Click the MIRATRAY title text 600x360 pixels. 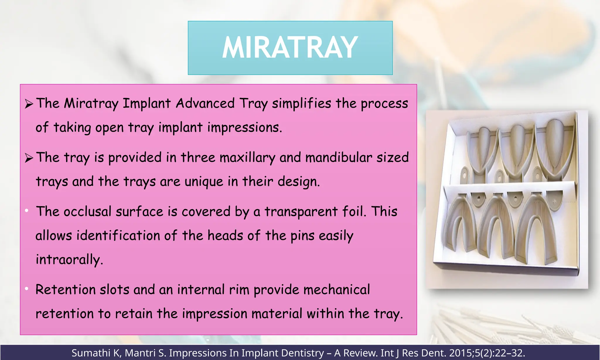pyautogui.click(x=290, y=48)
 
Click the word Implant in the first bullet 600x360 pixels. pyautogui.click(x=146, y=104)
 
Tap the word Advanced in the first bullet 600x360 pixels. pyautogui.click(x=205, y=103)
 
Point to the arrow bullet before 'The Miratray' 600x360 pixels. pyautogui.click(x=29, y=104)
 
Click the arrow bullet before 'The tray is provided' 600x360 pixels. pyautogui.click(x=29, y=158)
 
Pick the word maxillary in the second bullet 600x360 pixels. pyautogui.click(x=247, y=158)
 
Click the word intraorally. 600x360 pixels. pyautogui.click(x=69, y=260)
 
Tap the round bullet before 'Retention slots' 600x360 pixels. pyautogui.click(x=27, y=289)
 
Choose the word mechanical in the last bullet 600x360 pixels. pyautogui.click(x=337, y=290)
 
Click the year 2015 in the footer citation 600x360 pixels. pyautogui.click(x=459, y=353)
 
